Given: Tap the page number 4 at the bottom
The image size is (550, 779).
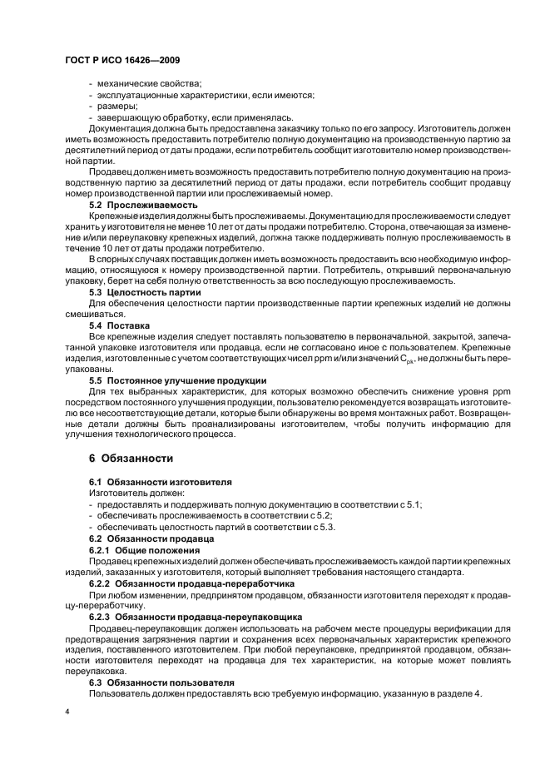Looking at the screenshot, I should coord(67,712).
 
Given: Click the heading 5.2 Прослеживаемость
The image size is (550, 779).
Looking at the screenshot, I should coord(143,204).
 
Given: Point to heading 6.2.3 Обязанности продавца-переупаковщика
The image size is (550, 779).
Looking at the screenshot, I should coord(195,616).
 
